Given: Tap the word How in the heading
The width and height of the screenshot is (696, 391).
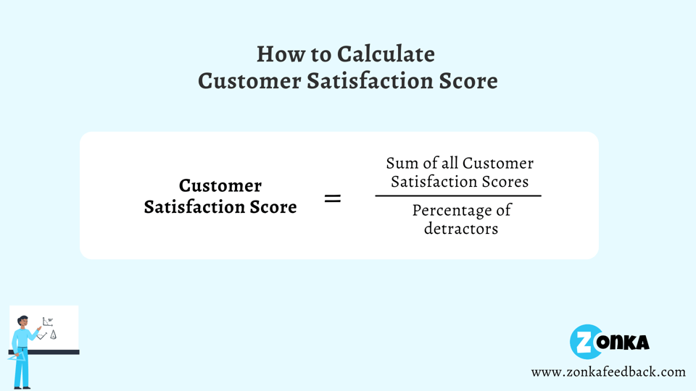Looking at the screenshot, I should (276, 54).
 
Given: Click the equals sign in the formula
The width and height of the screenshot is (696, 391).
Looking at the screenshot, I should (332, 198).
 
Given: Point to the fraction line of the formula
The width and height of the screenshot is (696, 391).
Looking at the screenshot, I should (458, 195).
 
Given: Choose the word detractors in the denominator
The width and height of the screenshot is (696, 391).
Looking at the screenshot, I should (461, 229).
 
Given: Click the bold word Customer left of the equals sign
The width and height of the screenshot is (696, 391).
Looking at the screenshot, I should (220, 185).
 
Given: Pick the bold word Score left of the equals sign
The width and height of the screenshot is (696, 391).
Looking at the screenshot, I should (273, 207).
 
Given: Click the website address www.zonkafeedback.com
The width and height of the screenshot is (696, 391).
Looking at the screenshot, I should (608, 371).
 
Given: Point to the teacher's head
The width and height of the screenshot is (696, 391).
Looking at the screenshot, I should (22, 322).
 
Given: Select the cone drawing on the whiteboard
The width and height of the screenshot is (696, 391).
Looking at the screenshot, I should (53, 335).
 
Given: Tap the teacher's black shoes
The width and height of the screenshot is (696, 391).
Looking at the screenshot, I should (22, 387).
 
